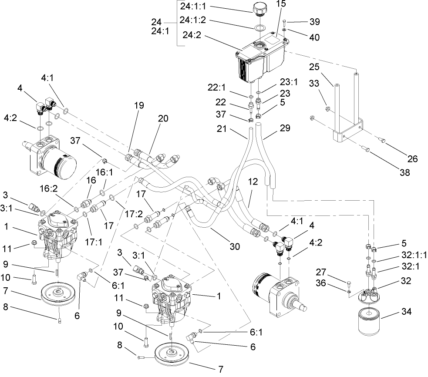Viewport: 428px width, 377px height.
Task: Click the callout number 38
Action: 404,172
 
